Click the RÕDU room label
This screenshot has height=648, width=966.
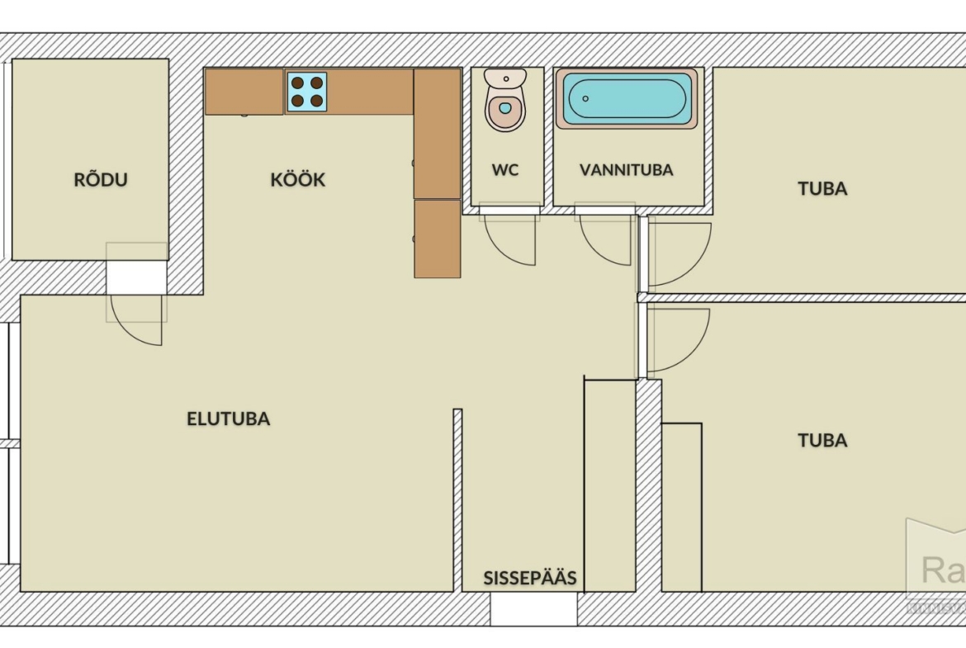[101, 180]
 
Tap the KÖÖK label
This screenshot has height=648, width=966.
[297, 180]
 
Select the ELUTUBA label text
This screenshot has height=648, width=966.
[228, 419]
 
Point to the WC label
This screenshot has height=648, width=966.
[505, 170]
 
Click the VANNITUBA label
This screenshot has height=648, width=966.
[626, 170]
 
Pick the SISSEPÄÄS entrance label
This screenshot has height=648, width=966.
[529, 578]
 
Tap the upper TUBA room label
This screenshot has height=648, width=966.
[822, 189]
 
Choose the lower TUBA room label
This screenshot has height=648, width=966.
[822, 440]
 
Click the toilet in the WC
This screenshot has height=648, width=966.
[505, 107]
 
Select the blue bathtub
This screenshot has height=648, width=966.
[627, 98]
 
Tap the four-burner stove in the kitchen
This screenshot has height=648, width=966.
[306, 92]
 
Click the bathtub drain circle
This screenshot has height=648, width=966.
[585, 98]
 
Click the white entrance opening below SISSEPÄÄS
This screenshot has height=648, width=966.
[533, 609]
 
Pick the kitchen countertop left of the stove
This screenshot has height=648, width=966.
[244, 92]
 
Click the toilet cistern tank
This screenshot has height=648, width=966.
[505, 78]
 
